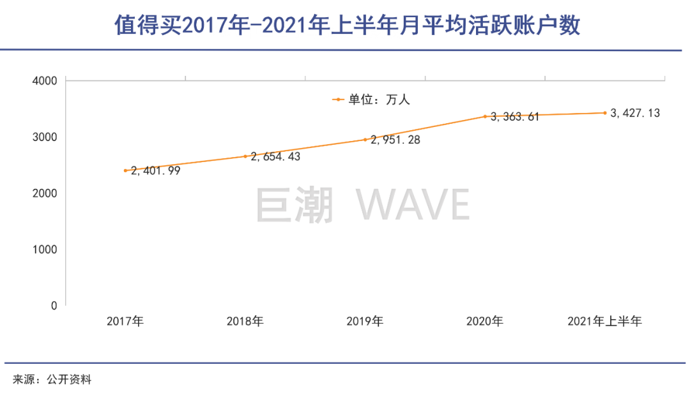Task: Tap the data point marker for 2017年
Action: point(126,170)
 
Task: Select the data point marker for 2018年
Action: point(245,156)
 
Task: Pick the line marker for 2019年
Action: point(365,140)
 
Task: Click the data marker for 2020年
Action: point(485,116)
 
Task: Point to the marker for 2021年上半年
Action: point(604,113)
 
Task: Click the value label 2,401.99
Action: point(156,171)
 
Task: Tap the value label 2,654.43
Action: point(275,156)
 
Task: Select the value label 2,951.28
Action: point(395,140)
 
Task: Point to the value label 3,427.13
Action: point(635,113)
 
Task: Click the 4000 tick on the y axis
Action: point(45,81)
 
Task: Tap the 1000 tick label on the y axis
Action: point(45,250)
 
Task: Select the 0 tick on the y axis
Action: point(54,306)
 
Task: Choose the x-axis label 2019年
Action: point(365,322)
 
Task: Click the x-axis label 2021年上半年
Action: point(604,322)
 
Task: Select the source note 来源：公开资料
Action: point(52,380)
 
